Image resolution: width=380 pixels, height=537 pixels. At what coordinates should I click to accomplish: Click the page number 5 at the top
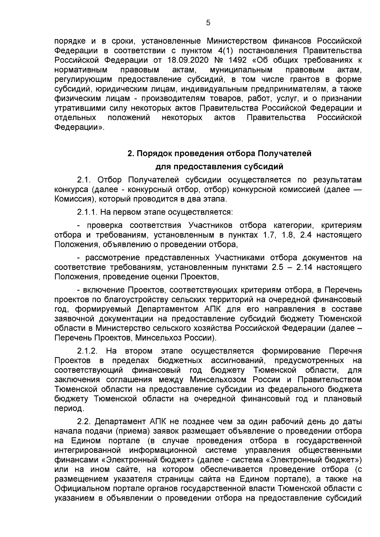coord(208,23)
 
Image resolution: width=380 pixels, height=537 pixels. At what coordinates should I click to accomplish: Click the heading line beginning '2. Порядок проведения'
coord(219,154)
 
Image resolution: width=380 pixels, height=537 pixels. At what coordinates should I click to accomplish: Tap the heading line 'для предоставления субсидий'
coord(219,167)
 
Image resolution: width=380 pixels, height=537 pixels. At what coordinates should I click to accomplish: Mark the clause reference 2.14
coord(304,267)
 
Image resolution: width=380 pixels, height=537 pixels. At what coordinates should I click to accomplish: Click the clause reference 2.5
coord(278,267)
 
